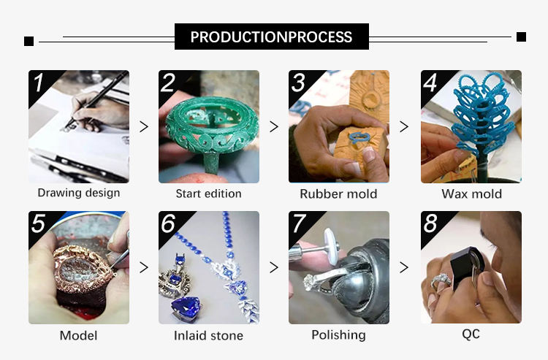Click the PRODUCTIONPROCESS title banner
[272, 37]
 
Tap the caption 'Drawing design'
[79, 193]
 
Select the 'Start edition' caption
[209, 194]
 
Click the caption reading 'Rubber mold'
[338, 194]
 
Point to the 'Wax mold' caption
[471, 194]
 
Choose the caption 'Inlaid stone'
[209, 336]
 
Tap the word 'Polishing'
[338, 335]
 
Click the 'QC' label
[471, 334]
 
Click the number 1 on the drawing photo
[38, 83]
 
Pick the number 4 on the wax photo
[430, 83]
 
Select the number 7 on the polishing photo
[299, 223]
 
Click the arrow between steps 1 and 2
[144, 126]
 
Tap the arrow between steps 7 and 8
[404, 267]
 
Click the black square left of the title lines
[29, 41]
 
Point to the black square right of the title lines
[521, 37]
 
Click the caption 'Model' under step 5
[79, 336]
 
